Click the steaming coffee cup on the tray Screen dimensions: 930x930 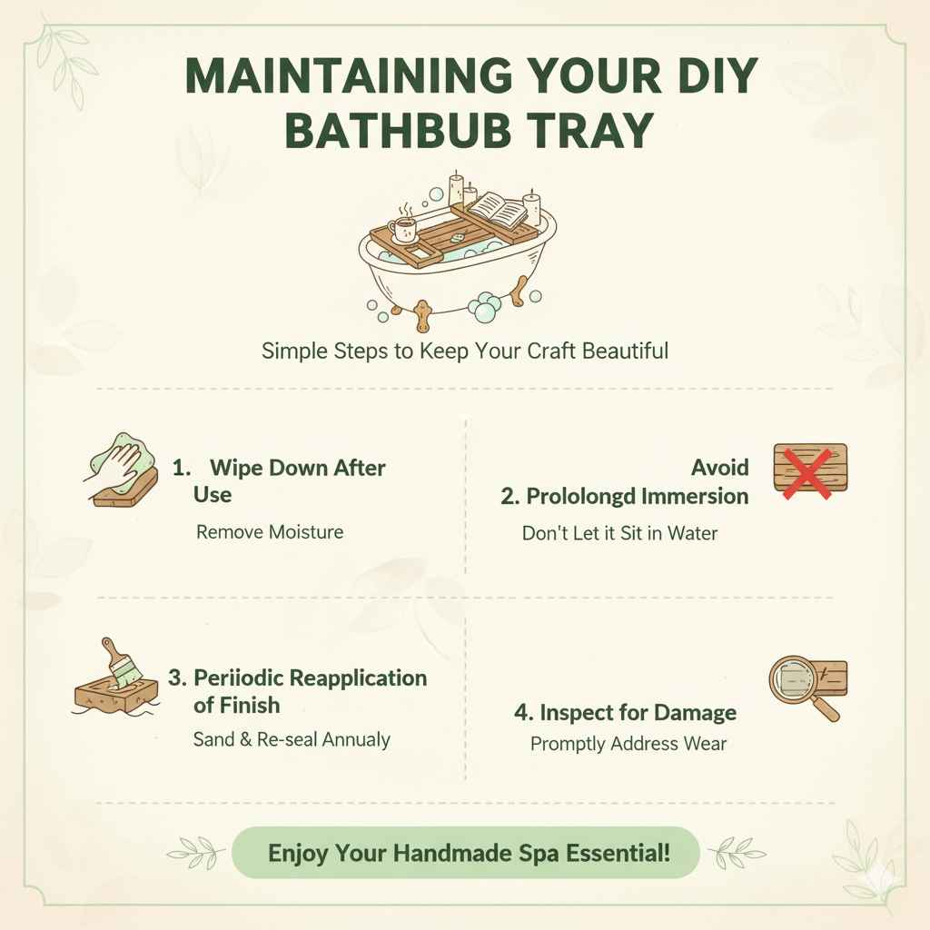[x=403, y=230]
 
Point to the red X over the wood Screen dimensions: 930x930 [x=808, y=470]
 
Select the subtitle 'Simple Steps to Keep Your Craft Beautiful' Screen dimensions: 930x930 [x=464, y=351]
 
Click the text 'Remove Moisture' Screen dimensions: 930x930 [x=270, y=531]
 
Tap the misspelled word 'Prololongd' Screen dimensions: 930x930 [x=581, y=496]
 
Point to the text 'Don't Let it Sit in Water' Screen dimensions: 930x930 [x=619, y=533]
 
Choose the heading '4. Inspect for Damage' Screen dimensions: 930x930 [x=625, y=712]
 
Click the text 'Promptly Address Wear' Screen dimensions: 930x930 [x=628, y=744]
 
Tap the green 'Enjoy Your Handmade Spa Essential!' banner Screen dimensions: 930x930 [x=465, y=853]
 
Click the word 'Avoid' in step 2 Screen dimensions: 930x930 [x=719, y=468]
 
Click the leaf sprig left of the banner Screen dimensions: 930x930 [x=197, y=852]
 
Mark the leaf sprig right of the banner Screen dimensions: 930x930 [x=734, y=852]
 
